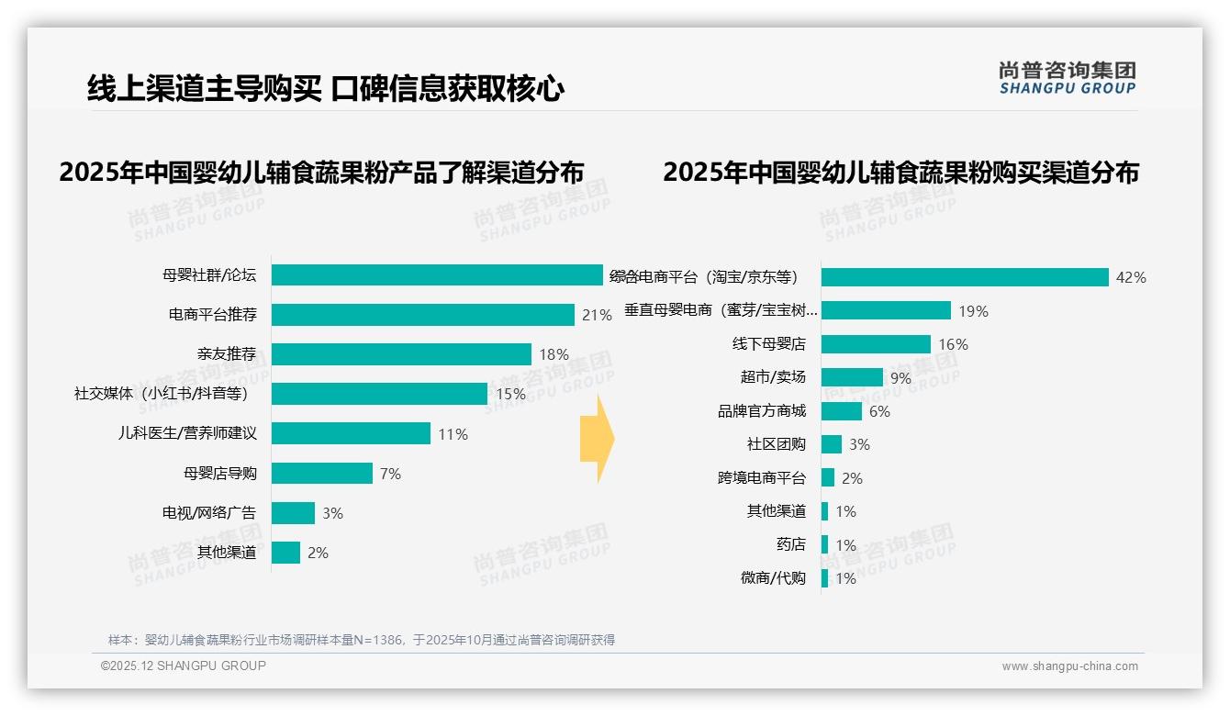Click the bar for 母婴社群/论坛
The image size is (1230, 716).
point(437,274)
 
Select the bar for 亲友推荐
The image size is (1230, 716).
point(401,354)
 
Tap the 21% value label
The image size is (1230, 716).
point(597,315)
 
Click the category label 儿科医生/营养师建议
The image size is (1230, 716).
point(187,433)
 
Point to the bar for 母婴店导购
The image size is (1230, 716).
point(322,473)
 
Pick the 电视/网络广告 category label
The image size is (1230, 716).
point(209,513)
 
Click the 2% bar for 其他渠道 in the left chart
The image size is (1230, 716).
point(286,553)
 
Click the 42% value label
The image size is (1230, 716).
point(1131,277)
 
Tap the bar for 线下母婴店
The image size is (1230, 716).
point(876,344)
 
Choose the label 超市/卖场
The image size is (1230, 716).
point(773,377)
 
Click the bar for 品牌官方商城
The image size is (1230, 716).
point(842,411)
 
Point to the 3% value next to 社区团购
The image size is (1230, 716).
point(859,444)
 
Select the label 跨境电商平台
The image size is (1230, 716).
point(762,478)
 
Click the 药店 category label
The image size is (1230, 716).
point(790,544)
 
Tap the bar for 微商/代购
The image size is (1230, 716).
point(825,578)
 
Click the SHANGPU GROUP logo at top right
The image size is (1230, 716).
point(1068,78)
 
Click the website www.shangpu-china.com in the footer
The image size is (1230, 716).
point(1069,666)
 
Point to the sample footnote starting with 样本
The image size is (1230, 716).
point(362,640)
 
